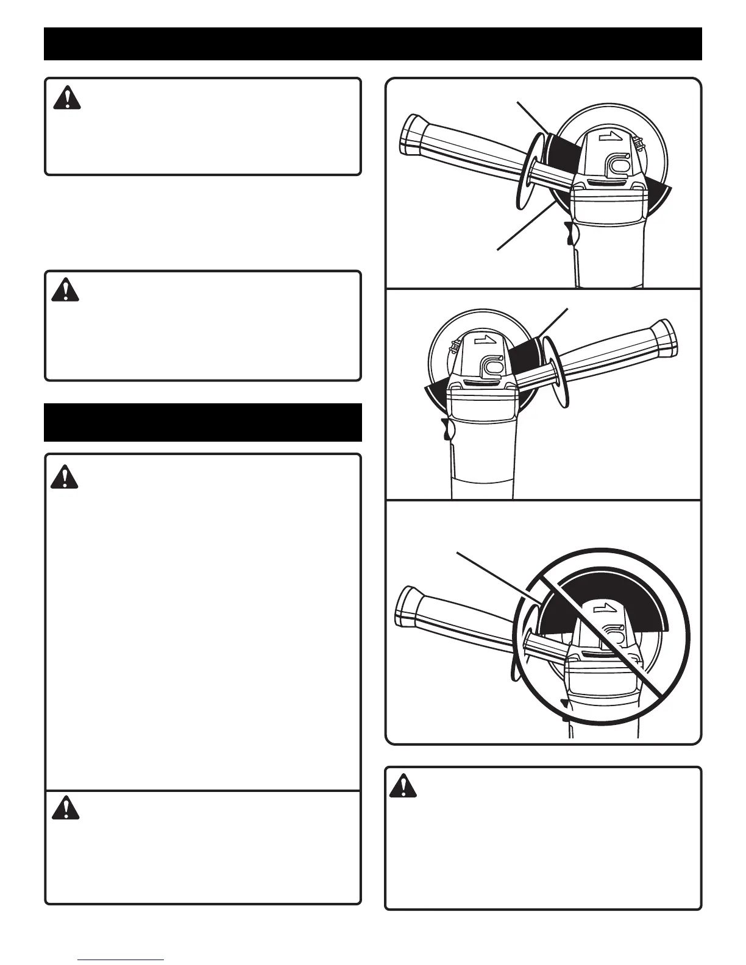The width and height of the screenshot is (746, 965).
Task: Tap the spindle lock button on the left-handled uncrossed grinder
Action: [x=614, y=166]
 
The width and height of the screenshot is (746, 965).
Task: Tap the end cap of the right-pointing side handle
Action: [x=667, y=338]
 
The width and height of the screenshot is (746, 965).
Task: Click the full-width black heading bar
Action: [x=372, y=44]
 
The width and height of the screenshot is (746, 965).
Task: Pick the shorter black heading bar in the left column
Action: [x=202, y=422]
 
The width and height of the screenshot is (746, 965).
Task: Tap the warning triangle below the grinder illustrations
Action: [x=402, y=786]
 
